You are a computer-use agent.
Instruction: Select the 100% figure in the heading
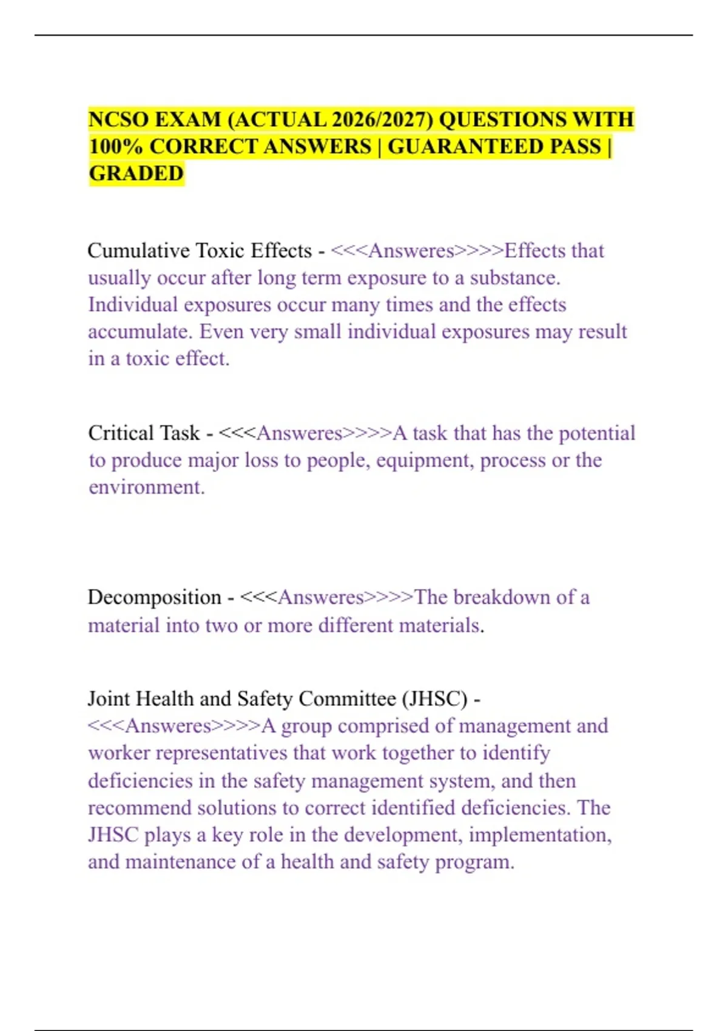pyautogui.click(x=115, y=147)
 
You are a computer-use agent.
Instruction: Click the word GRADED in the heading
pyautogui.click(x=136, y=174)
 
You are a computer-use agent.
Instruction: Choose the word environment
pyautogui.click(x=146, y=488)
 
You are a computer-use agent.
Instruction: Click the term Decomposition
pyautogui.click(x=154, y=597)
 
